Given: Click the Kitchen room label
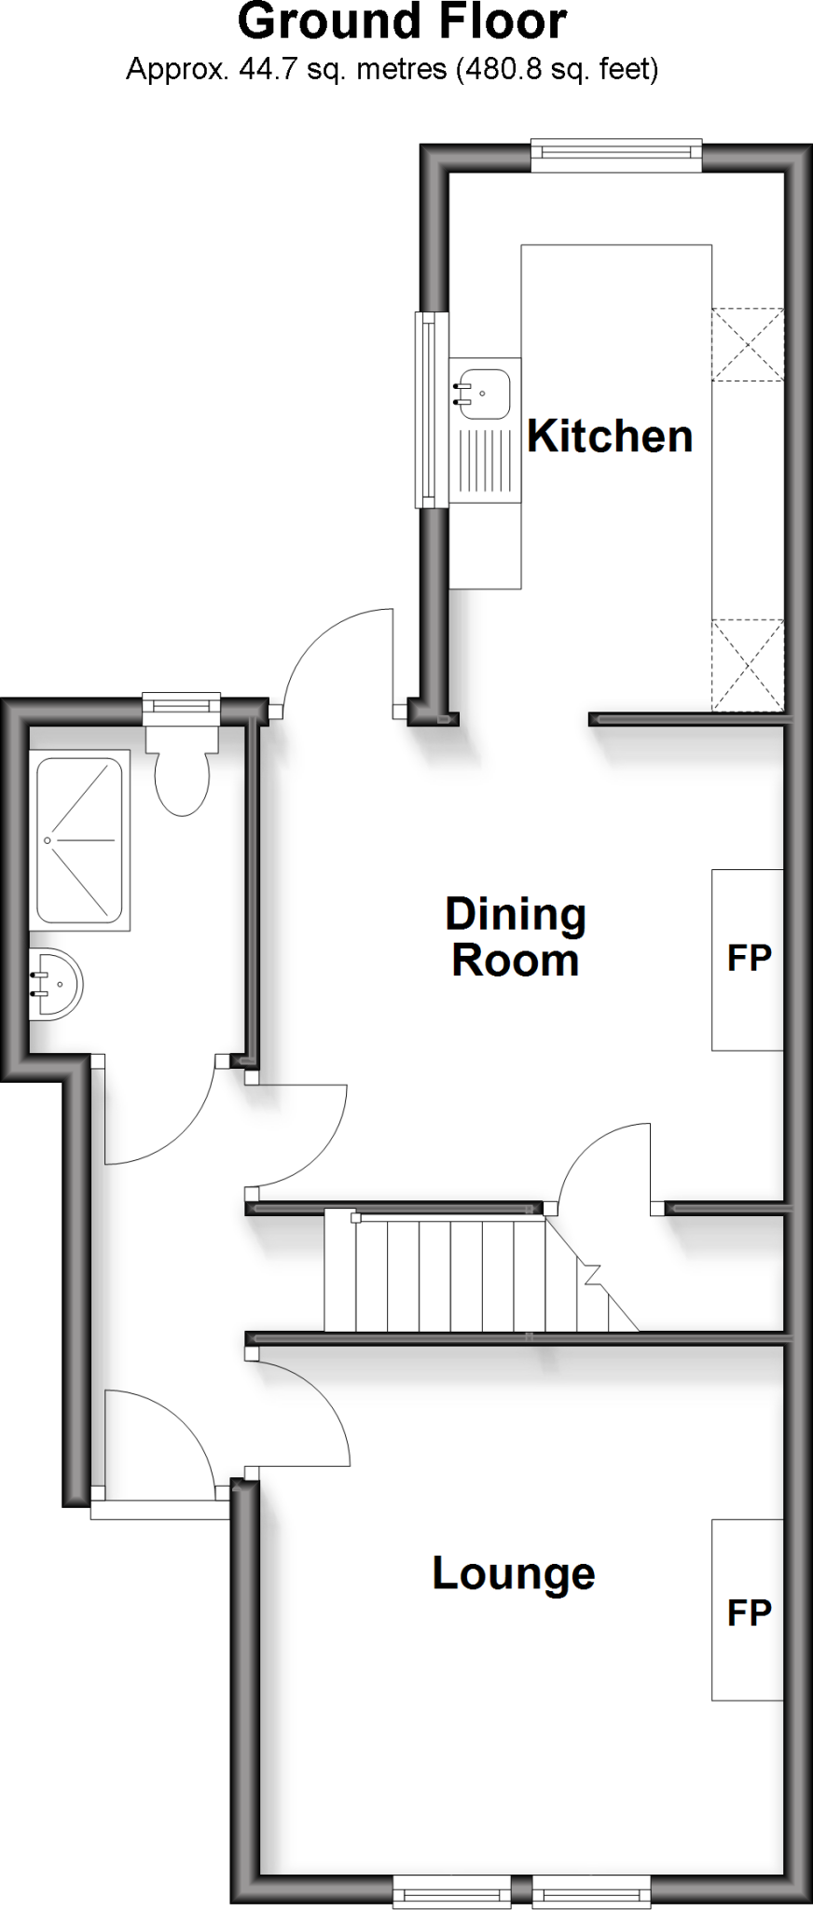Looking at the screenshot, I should pyautogui.click(x=610, y=436).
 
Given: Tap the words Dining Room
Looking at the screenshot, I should pyautogui.click(x=516, y=937).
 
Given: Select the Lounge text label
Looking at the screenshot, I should pyautogui.click(x=514, y=1573).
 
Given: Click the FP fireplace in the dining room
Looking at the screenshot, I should pyautogui.click(x=748, y=959).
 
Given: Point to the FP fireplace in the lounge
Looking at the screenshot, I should pyautogui.click(x=748, y=1612).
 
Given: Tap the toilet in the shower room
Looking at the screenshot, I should pyautogui.click(x=182, y=778).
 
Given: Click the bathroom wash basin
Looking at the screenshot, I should pyautogui.click(x=55, y=985).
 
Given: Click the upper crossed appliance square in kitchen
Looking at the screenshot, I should pyautogui.click(x=748, y=344).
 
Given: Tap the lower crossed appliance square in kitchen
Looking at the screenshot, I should pyautogui.click(x=748, y=664).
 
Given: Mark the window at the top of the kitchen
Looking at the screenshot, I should pyautogui.click(x=615, y=155).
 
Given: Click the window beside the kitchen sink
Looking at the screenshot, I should pyautogui.click(x=427, y=409).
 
